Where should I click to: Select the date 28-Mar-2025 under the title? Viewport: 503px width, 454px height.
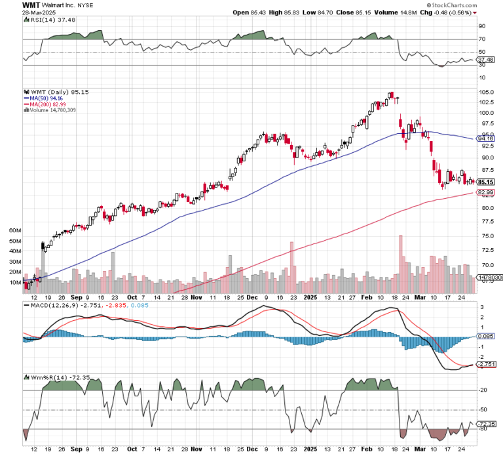click(37, 13)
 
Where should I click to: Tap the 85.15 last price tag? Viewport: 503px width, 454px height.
click(485, 182)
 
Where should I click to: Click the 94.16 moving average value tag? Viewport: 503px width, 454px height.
click(485, 138)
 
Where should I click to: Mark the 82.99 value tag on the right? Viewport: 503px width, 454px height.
click(485, 192)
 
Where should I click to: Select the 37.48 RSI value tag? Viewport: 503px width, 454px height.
click(485, 59)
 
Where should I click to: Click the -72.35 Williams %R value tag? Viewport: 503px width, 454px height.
click(485, 424)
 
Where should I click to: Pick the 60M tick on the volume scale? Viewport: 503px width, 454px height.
click(14, 232)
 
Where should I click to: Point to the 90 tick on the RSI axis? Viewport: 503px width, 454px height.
click(481, 27)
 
